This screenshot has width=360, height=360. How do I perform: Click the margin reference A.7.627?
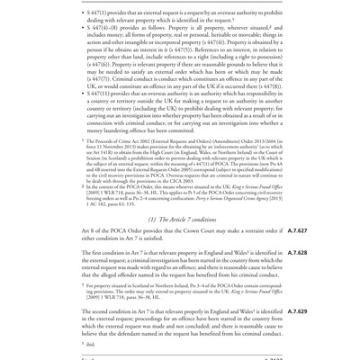pyautogui.click(x=297, y=231)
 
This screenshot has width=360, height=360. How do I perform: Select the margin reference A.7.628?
pyautogui.click(x=297, y=254)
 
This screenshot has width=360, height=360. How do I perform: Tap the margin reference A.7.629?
pyautogui.click(x=297, y=311)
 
